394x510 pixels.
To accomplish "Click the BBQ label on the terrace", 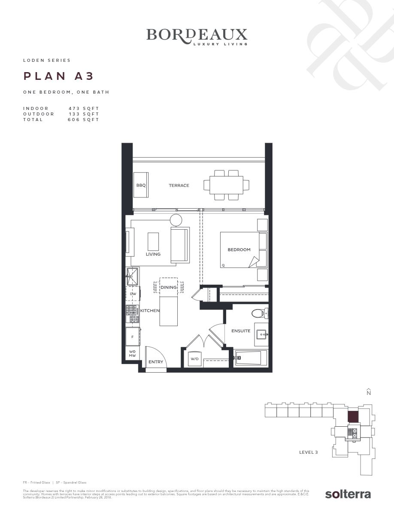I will point(141,185).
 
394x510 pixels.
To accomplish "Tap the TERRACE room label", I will point(179,185).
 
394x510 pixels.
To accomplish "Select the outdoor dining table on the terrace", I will point(226,185).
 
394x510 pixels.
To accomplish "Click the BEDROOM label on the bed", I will point(239,249).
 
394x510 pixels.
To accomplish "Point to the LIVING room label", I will point(153,254).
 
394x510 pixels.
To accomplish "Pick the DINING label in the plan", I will point(169,288).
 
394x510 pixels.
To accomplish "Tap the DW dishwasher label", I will point(133,294).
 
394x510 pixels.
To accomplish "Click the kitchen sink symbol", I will point(132,276).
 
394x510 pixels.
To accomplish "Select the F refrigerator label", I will point(132,337).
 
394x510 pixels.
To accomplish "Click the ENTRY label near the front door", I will point(156,362).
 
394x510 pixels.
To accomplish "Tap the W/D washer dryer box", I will point(194,359).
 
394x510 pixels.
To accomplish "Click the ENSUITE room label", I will point(241,331).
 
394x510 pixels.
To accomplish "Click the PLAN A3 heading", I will point(58,76).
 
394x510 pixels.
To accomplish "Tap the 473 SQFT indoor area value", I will point(84,109).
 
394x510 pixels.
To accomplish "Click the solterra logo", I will point(348,494).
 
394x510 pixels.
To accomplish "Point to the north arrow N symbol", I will point(368,392).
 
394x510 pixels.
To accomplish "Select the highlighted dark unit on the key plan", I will point(352,417).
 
